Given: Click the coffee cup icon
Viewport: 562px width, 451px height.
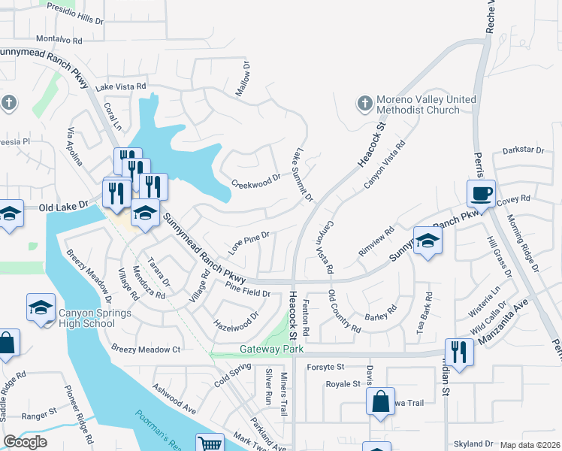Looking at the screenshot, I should pyautogui.click(x=481, y=194).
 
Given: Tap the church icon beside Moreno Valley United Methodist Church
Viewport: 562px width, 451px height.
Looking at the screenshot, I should pyautogui.click(x=364, y=104).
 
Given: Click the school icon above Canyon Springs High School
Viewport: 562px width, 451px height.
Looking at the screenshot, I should pyautogui.click(x=41, y=307).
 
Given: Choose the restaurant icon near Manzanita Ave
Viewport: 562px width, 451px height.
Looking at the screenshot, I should pyautogui.click(x=459, y=351).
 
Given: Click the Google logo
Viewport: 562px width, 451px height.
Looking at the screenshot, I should pyautogui.click(x=25, y=442).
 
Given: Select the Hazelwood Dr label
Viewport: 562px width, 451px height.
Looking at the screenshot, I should pyautogui.click(x=236, y=321).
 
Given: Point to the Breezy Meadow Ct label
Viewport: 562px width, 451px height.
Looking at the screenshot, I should pyautogui.click(x=146, y=349).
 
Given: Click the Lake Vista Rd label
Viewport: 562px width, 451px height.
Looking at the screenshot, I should pyautogui.click(x=120, y=87).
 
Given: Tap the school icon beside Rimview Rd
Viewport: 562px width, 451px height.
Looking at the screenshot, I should pyautogui.click(x=428, y=241).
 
